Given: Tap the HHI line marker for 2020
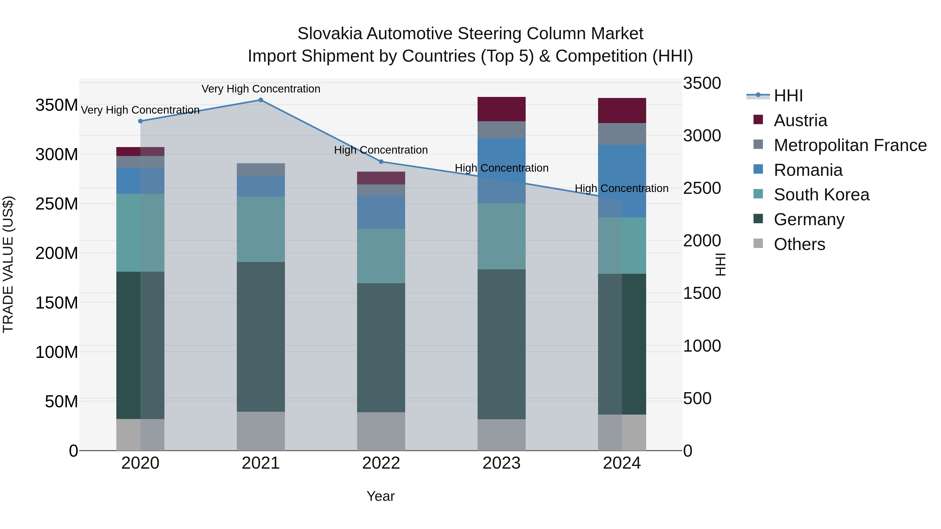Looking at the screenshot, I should coord(140,121).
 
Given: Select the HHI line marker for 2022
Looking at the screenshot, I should coord(381,162).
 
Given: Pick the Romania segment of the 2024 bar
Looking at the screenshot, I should coord(622,181).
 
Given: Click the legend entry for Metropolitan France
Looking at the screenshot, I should coord(850,145).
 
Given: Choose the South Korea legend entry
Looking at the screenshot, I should coord(821,195).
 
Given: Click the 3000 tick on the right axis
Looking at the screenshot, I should coord(702,136).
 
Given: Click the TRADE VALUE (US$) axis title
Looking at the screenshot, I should coord(8,264).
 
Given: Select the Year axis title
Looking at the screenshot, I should coord(380,496).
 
